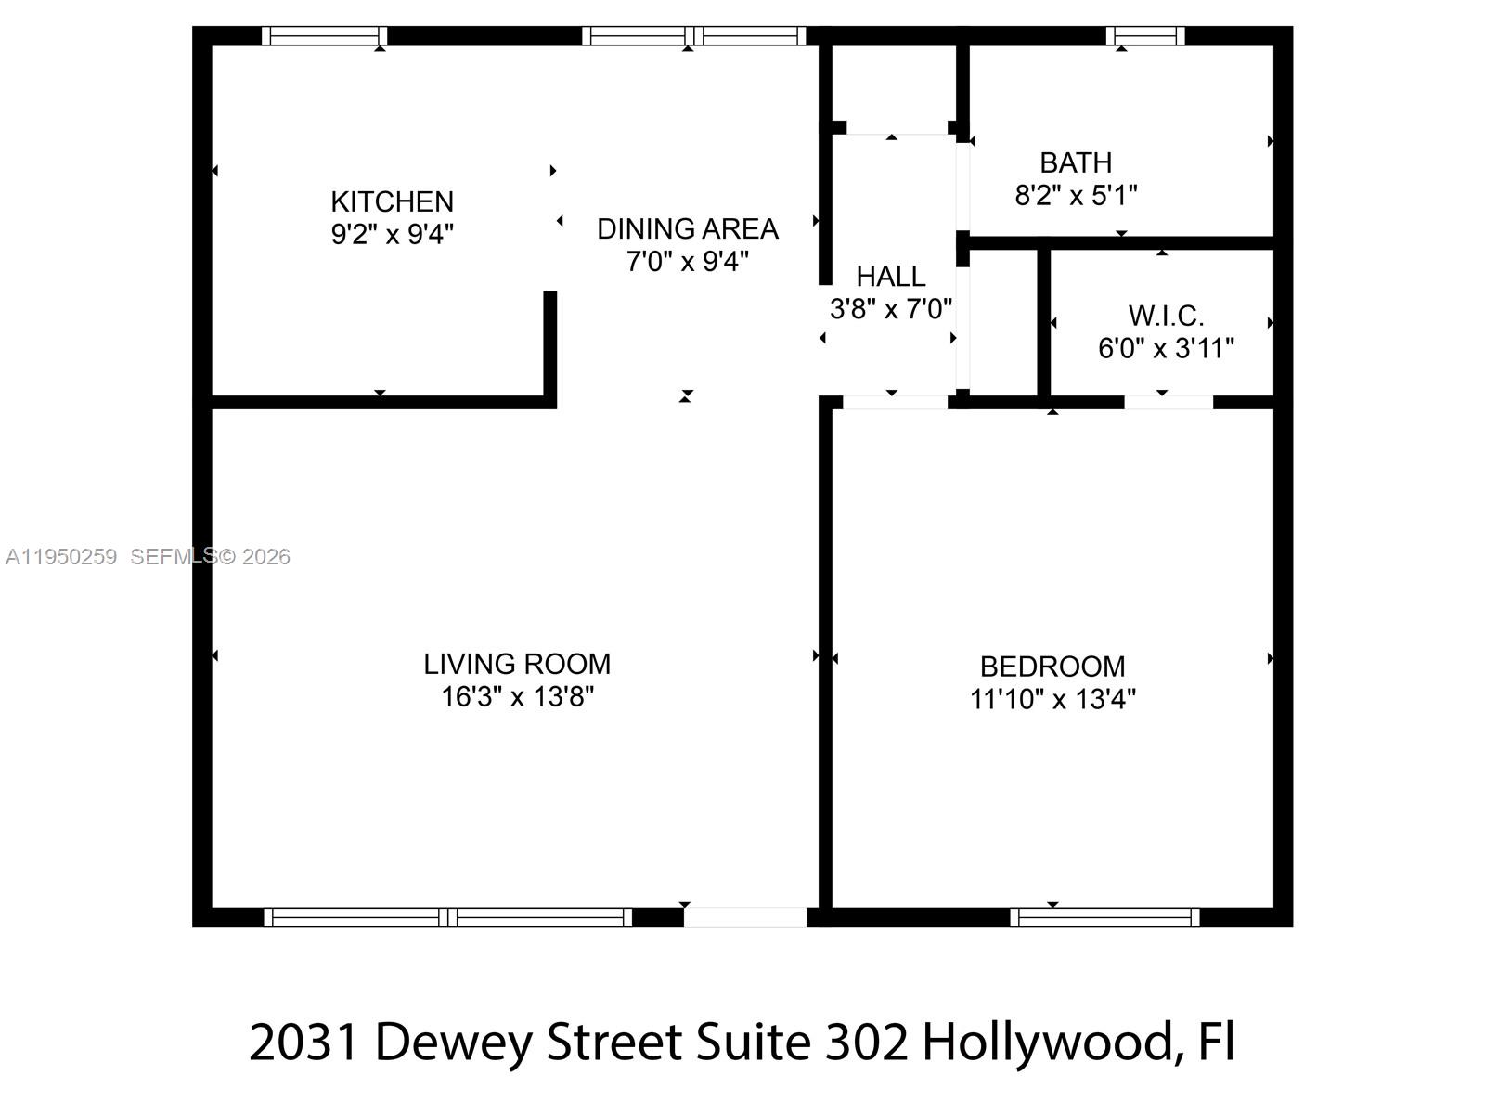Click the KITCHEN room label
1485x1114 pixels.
tap(392, 201)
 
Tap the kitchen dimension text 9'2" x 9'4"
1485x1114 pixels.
tap(392, 234)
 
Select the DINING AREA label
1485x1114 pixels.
tap(687, 228)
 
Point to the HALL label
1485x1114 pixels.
tap(890, 277)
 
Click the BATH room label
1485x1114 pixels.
tap(1076, 163)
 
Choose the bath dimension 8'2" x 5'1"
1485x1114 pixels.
tap(1076, 196)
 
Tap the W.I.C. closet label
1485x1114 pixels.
tap(1166, 317)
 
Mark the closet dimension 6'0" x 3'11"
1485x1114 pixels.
tap(1166, 349)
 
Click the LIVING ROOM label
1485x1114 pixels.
tap(517, 664)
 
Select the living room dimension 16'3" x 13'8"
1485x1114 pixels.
tap(517, 696)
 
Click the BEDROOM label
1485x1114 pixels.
tap(1052, 667)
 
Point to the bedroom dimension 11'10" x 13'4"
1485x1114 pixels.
tap(1052, 699)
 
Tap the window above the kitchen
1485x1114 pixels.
tap(324, 36)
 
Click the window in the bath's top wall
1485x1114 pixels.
tap(1145, 36)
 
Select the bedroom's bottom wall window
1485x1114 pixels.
tap(1104, 917)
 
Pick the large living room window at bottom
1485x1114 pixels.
tap(447, 917)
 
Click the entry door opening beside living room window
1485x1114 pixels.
tap(745, 917)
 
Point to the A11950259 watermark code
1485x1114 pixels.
tap(61, 557)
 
